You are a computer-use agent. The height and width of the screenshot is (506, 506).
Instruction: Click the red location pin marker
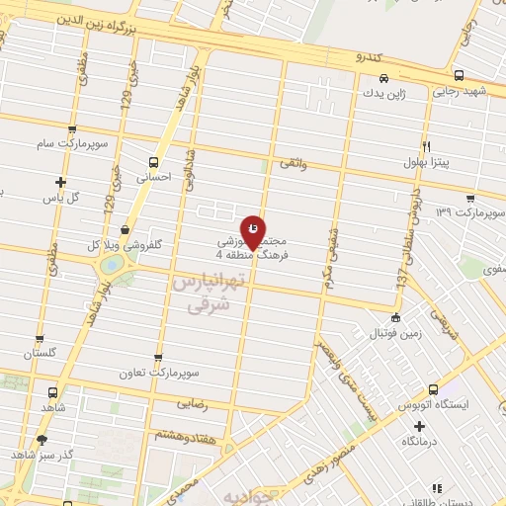[253, 231]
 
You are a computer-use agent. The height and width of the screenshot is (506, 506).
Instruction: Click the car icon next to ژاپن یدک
[382, 79]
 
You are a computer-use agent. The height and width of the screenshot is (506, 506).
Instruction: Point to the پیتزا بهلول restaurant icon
[426, 144]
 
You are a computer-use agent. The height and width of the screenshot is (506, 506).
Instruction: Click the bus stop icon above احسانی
[152, 161]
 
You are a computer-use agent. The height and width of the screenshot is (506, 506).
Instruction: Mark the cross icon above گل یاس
[61, 182]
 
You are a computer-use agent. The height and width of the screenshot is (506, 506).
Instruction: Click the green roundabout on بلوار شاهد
[112, 266]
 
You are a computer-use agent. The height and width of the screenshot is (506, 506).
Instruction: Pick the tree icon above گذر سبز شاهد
[41, 439]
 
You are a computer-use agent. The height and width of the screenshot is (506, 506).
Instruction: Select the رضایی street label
[193, 404]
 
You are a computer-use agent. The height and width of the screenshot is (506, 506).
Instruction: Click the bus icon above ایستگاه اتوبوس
[432, 389]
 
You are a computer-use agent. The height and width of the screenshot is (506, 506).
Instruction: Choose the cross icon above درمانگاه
[420, 427]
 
